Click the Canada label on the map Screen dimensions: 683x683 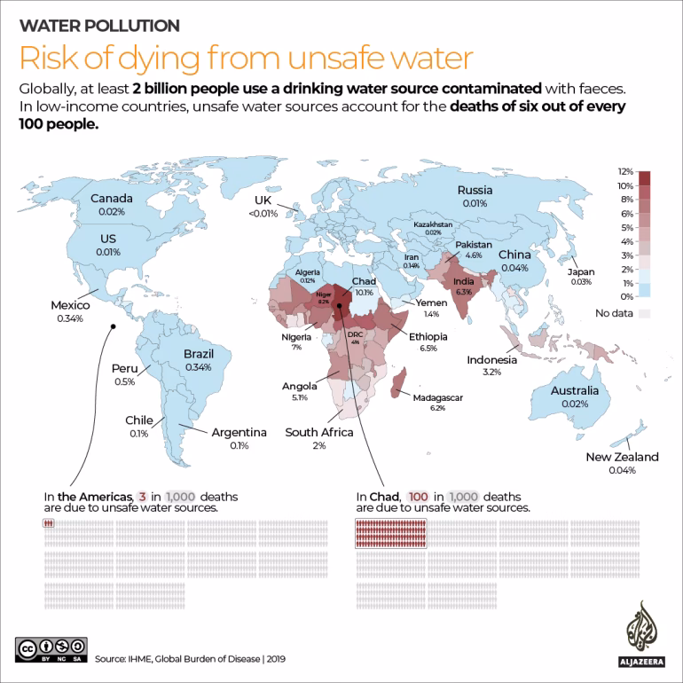(113, 199)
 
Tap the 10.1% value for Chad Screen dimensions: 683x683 (365, 291)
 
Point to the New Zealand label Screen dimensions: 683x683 (622, 457)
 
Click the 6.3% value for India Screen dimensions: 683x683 (462, 291)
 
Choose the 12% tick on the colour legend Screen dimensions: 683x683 (625, 171)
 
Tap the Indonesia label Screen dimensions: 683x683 (492, 360)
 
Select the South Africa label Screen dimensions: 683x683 (318, 433)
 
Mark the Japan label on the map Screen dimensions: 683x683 (582, 271)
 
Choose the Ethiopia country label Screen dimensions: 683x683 (428, 337)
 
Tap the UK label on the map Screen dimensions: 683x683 (263, 200)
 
